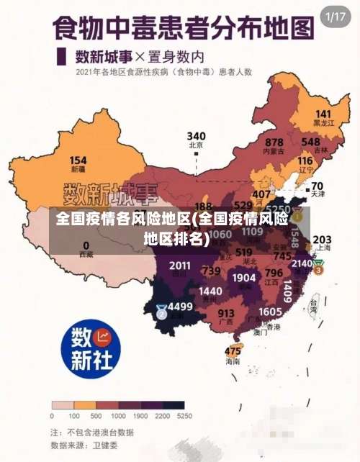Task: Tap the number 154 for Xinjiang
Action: [x=78, y=160]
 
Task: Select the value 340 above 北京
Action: [x=196, y=136]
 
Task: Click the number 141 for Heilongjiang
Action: [x=323, y=114]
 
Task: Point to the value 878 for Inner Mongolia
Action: [x=274, y=142]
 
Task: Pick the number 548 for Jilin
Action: [x=311, y=142]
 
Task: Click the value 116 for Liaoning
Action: [x=305, y=161]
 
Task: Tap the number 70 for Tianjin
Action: [x=317, y=186]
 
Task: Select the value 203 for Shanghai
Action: [x=322, y=240]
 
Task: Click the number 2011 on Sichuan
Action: [x=180, y=266]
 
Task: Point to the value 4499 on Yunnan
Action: [x=180, y=307]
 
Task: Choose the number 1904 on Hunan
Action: [x=244, y=278]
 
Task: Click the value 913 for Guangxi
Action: [x=226, y=313]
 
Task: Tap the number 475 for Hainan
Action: [x=233, y=351]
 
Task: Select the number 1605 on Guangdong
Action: [x=270, y=312]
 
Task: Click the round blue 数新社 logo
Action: [x=90, y=348]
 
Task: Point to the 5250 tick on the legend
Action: [x=184, y=416]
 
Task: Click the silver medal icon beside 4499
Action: [x=161, y=312]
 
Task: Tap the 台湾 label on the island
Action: [x=312, y=304]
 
